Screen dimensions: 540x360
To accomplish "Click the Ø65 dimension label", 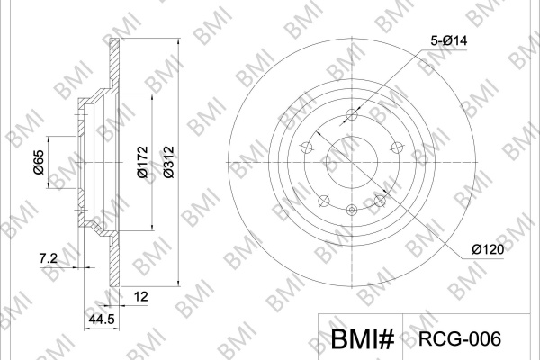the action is (39, 162).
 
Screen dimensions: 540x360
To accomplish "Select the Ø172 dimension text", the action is (142, 162).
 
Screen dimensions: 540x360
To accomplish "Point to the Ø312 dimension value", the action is (169, 162).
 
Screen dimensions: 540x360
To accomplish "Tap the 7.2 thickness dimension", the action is (49, 258).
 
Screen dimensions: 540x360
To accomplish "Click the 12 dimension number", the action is (140, 296).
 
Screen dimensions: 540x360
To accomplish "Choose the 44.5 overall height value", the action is (102, 319).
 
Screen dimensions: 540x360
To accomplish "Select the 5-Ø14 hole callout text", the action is (449, 41).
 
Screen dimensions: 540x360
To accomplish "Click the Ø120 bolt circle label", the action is (488, 249).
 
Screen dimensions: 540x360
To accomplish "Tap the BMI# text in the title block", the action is (363, 339).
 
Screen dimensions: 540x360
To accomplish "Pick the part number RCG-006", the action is (459, 339).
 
